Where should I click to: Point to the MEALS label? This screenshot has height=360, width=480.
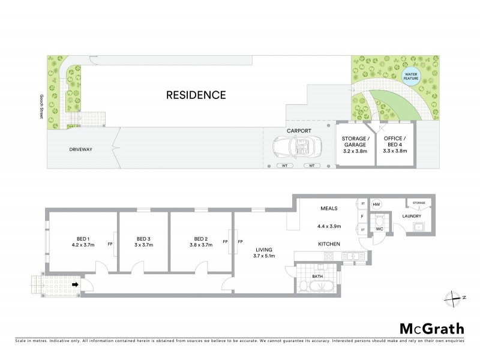point(329,208)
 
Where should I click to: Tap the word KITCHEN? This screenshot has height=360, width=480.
point(329,244)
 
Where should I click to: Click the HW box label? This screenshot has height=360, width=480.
point(377,205)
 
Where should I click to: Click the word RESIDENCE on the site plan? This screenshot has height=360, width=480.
point(196,95)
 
